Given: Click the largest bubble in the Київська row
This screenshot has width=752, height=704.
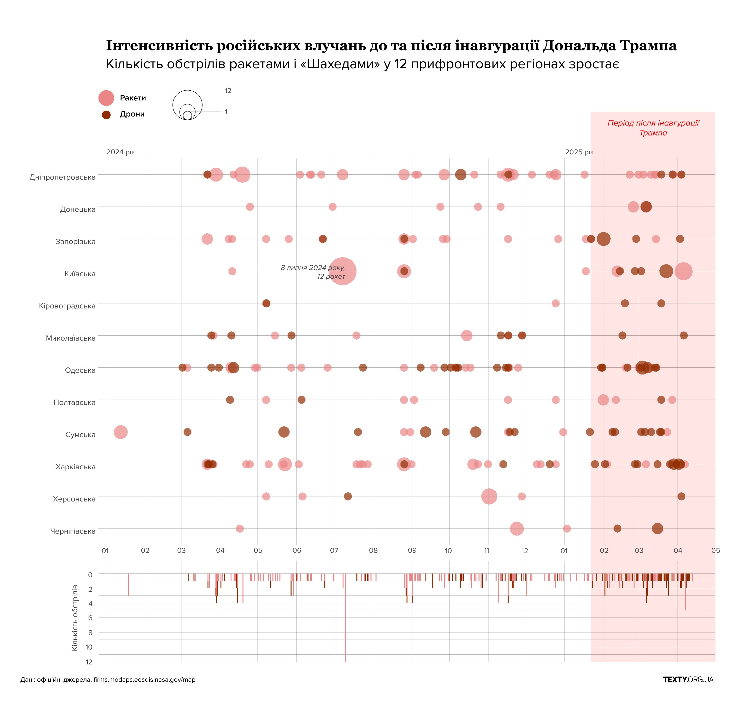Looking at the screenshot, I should pyautogui.click(x=342, y=271).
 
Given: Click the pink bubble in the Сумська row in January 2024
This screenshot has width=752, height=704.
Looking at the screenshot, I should pyautogui.click(x=121, y=432).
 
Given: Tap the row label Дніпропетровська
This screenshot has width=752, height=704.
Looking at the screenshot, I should pyautogui.click(x=62, y=177).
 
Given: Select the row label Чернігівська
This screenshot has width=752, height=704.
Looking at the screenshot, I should pyautogui.click(x=73, y=531).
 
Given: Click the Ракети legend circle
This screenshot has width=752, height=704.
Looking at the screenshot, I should pyautogui.click(x=106, y=98).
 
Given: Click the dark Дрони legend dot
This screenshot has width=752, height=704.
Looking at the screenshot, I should pyautogui.click(x=106, y=115).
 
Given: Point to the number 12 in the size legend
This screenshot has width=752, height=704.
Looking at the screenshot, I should pyautogui.click(x=228, y=91).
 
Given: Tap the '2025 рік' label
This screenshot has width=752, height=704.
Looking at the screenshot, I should pyautogui.click(x=579, y=152).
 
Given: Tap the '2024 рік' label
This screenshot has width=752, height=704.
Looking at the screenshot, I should pyautogui.click(x=121, y=152).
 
